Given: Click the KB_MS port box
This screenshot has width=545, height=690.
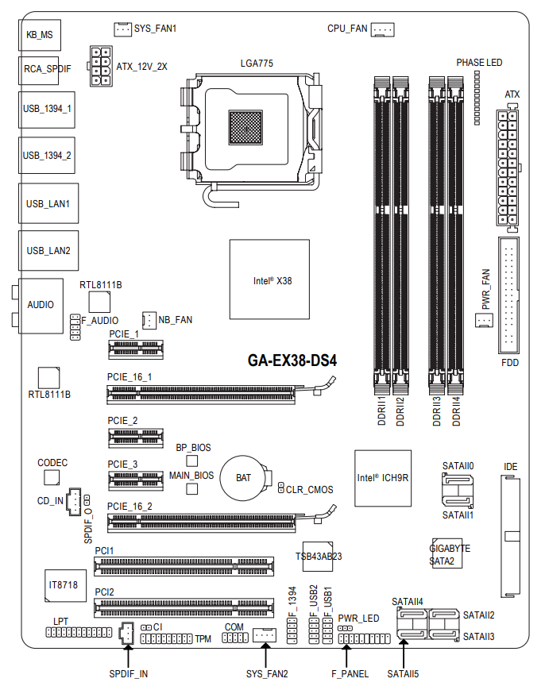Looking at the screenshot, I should click(39, 35).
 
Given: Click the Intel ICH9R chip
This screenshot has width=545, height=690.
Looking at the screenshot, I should click(382, 477).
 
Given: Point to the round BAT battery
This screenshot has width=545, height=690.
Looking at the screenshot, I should click(244, 477).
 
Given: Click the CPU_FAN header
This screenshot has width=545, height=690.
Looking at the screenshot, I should click(383, 29).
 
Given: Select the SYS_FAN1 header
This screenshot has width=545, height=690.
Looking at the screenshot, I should click(122, 29).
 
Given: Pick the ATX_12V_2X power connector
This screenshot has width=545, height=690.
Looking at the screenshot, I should click(101, 65).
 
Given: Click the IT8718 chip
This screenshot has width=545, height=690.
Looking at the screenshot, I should click(63, 584).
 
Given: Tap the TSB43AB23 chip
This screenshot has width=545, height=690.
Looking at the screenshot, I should click(318, 556).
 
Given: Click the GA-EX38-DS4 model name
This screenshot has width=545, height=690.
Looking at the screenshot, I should click(292, 360).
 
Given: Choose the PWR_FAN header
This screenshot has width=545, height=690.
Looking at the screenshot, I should click(484, 320).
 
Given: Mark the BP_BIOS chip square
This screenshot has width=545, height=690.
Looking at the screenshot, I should click(191, 461).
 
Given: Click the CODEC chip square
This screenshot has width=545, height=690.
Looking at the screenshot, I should click(52, 476).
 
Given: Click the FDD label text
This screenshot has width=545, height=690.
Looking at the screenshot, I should click(510, 362).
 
